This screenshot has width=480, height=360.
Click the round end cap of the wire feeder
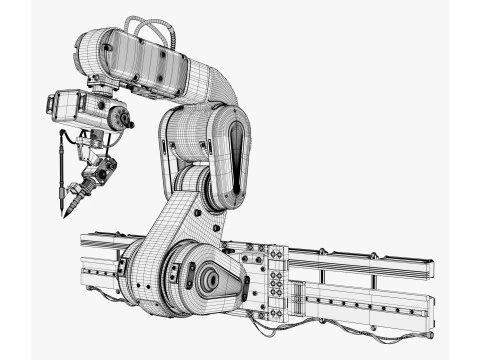coord(123,118)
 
